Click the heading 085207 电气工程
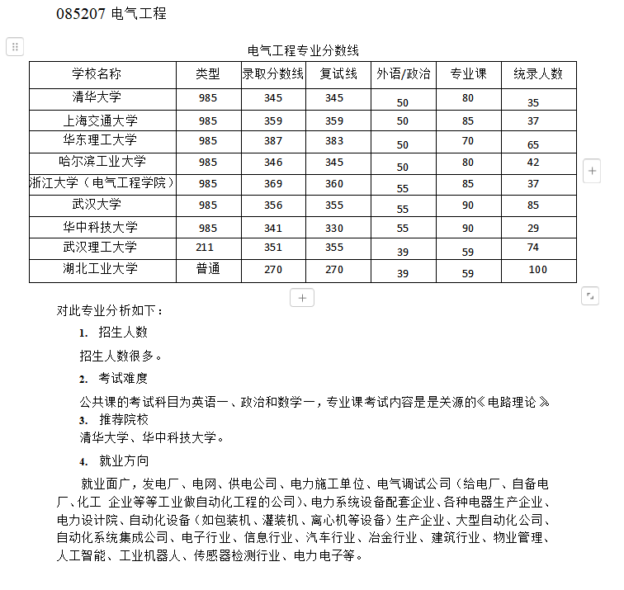(x=111, y=14)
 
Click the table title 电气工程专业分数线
(x=303, y=51)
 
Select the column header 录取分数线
(x=273, y=73)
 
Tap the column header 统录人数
(x=538, y=73)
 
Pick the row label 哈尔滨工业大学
(x=102, y=162)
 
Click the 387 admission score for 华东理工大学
(x=273, y=141)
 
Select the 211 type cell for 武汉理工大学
(x=205, y=247)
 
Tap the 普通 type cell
(x=208, y=269)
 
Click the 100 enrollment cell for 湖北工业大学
(x=537, y=269)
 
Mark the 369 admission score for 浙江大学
(x=273, y=183)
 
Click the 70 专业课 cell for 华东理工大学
(x=468, y=141)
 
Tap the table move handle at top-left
(x=15, y=47)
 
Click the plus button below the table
(x=302, y=297)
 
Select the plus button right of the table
(x=592, y=171)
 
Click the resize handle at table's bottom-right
(x=589, y=295)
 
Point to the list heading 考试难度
(x=123, y=378)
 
